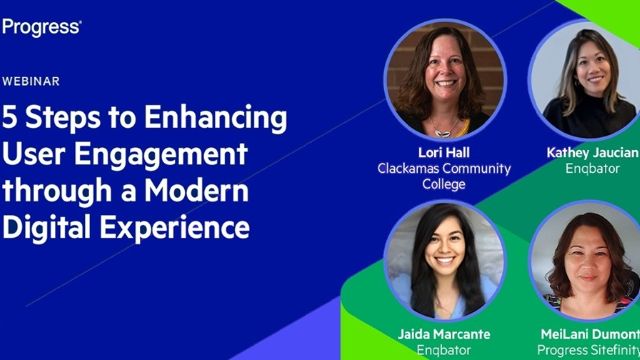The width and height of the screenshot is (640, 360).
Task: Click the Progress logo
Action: [41, 26]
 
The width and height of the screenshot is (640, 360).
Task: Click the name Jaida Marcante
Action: [445, 334]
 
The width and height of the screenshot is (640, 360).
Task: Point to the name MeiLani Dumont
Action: [590, 334]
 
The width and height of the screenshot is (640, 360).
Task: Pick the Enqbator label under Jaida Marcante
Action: [445, 350]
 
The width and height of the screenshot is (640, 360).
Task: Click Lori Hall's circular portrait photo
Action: [445, 78]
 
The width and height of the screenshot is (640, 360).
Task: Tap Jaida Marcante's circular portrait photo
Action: [445, 261]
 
